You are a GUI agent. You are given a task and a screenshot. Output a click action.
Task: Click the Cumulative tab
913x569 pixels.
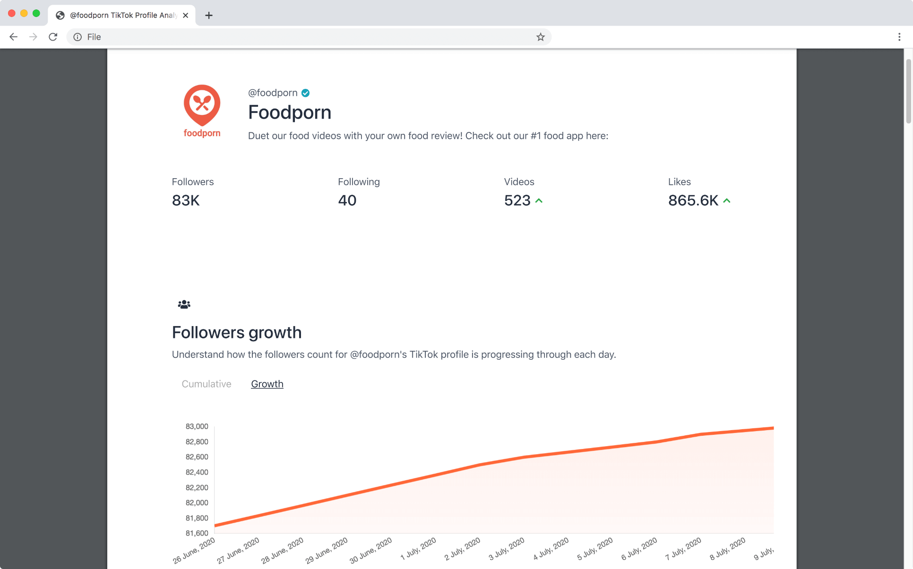pos(207,384)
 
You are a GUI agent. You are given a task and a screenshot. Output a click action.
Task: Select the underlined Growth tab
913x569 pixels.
pos(267,384)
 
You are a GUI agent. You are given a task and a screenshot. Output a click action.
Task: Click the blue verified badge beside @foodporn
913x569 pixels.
pos(306,93)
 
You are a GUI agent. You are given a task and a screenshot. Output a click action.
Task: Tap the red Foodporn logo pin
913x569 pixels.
pos(202,105)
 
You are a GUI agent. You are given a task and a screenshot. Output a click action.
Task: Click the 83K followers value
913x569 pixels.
pos(186,200)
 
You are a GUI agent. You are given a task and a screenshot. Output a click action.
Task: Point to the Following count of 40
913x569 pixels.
pos(347,200)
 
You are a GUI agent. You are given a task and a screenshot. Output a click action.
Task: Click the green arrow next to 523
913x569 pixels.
pos(539,201)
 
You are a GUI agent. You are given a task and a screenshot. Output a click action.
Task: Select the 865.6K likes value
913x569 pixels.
pos(693,200)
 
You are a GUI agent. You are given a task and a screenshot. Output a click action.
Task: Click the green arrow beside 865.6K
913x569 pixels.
pos(727,201)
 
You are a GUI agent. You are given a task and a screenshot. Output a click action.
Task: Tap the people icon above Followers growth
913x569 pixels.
pos(184,304)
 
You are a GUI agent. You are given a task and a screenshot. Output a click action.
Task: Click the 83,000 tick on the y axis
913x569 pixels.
pos(197,426)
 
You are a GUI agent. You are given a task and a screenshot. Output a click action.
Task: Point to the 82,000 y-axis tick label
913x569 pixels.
pos(197,503)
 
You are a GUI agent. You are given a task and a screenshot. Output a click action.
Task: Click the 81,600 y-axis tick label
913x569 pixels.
pos(197,533)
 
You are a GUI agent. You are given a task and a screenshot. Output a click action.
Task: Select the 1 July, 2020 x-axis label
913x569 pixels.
pos(418,549)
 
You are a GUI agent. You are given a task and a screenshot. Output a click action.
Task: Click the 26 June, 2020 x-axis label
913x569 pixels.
pos(194,551)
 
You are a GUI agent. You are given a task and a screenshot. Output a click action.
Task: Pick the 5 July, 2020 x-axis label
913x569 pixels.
pos(595,549)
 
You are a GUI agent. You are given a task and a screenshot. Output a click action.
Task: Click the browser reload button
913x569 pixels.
pos(53,37)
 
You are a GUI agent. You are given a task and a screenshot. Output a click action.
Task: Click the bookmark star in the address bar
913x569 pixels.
pos(541,37)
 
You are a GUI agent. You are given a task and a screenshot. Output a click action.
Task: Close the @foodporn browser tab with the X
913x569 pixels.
pos(186,15)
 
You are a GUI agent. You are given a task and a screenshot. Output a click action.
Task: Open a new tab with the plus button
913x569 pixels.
pos(209,15)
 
